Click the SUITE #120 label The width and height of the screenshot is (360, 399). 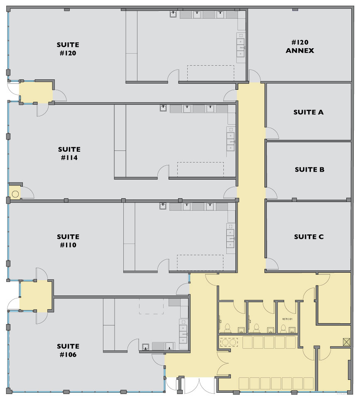(x=68, y=49)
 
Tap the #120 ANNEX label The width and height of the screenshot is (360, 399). (x=300, y=46)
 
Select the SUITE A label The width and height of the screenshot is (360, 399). (x=308, y=112)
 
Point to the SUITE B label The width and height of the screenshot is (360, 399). (x=309, y=170)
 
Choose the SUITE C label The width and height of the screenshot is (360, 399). (x=309, y=236)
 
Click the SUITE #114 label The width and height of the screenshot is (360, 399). (x=69, y=153)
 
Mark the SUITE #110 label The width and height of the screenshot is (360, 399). (x=68, y=241)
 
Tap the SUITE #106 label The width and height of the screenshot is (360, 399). (x=68, y=350)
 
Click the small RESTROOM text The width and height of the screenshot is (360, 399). (x=287, y=319)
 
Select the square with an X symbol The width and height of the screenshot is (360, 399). (x=346, y=341)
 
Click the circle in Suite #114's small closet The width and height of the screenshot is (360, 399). (x=15, y=193)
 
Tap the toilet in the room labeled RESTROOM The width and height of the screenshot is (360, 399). (x=283, y=329)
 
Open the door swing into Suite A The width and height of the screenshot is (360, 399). (x=272, y=134)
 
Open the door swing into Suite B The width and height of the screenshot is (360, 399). (x=271, y=193)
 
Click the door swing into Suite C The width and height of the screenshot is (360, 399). (x=271, y=264)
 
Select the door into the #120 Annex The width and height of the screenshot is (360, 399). (x=254, y=76)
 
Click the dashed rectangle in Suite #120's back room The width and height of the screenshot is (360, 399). (x=211, y=73)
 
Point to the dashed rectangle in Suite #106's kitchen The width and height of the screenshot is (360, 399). (x=151, y=306)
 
